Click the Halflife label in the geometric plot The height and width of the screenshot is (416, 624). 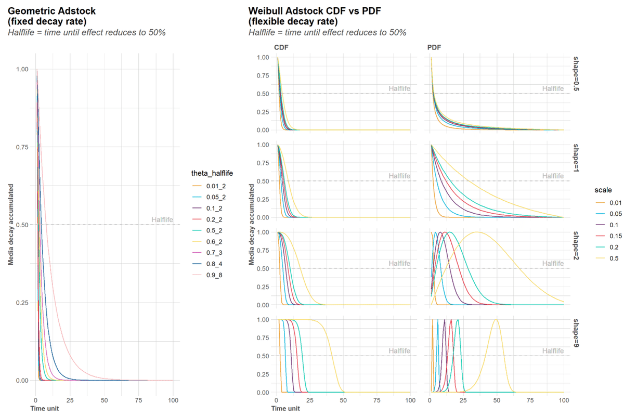(x=161, y=220)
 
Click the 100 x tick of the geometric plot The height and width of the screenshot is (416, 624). (x=174, y=401)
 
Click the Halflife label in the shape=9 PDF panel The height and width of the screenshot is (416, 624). (x=552, y=352)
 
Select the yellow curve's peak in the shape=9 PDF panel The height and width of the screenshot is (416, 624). (x=496, y=320)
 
